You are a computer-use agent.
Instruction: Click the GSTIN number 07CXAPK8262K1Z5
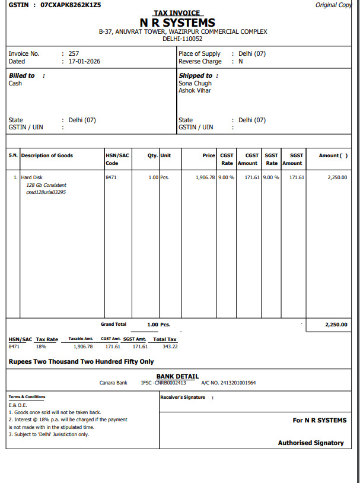[x=71, y=5]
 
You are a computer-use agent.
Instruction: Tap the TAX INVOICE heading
[x=177, y=13]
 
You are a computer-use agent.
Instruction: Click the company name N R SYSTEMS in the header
[x=177, y=23]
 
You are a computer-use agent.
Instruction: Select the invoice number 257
[x=74, y=53]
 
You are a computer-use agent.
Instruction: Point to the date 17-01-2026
[x=85, y=61]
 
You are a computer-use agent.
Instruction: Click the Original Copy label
[x=334, y=5]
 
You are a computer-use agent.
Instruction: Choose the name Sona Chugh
[x=195, y=84]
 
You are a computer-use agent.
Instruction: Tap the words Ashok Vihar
[x=195, y=91]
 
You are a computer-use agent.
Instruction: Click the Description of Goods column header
[x=47, y=155]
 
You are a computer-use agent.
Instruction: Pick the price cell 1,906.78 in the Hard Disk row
[x=205, y=177]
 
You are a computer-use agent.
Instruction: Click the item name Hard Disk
[x=31, y=177]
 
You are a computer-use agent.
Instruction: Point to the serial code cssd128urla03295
[x=46, y=192]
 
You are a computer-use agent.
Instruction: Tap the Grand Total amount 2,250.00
[x=336, y=325]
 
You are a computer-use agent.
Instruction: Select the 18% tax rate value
[x=41, y=347]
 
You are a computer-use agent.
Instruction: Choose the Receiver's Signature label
[x=183, y=397]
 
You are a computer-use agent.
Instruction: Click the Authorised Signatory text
[x=311, y=443]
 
